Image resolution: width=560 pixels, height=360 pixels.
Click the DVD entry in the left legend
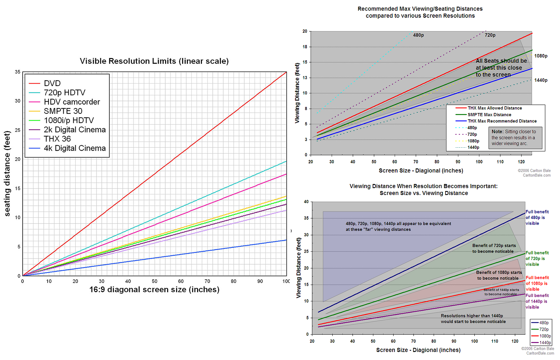click(x=52, y=83)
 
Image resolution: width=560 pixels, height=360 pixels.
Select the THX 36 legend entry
click(x=57, y=139)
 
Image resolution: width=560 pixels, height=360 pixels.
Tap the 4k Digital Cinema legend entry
click(x=74, y=148)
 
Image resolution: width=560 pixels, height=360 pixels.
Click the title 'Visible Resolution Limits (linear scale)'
click(x=154, y=61)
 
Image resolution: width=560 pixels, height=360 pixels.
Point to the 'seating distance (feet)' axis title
click(x=7, y=173)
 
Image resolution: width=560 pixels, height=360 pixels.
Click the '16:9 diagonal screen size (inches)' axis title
click(x=154, y=290)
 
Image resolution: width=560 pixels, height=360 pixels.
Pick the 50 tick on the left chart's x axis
click(x=154, y=281)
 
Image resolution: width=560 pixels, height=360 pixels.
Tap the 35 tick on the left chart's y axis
click(x=17, y=72)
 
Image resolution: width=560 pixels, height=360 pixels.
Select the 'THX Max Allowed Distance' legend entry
click(x=494, y=108)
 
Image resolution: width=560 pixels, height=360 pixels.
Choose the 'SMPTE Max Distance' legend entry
click(x=489, y=115)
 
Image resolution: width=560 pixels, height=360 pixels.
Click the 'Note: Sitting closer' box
click(x=515, y=138)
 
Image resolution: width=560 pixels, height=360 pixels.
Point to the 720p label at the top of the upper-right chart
click(x=490, y=35)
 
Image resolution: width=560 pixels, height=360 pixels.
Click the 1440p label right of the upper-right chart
click(x=541, y=80)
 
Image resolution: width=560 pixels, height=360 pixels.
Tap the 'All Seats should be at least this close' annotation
click(x=501, y=68)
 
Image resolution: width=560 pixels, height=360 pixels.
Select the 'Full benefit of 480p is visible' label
click(x=537, y=218)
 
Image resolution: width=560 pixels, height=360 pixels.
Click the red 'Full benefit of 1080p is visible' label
click(x=537, y=283)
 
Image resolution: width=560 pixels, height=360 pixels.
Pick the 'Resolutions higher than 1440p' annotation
click(x=473, y=319)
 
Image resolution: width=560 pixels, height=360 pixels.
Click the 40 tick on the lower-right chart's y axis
click(x=306, y=202)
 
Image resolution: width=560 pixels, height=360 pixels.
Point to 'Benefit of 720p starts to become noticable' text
click(x=494, y=249)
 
